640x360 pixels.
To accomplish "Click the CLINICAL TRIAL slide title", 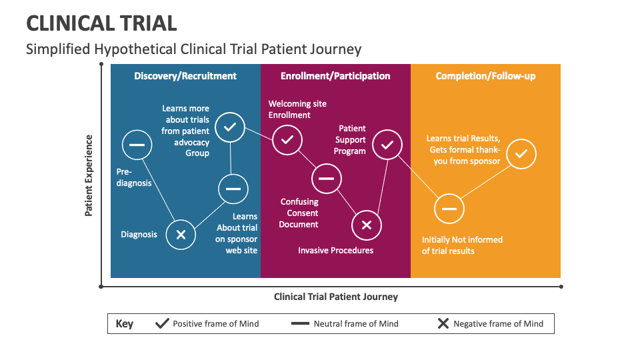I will pyautogui.click(x=101, y=23).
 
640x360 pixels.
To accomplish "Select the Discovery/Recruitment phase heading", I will pyautogui.click(x=185, y=76).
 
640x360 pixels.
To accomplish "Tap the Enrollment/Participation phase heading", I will pyautogui.click(x=335, y=76).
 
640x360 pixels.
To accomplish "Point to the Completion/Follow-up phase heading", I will pyautogui.click(x=485, y=76).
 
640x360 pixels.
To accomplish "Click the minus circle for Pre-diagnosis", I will pyautogui.click(x=137, y=145).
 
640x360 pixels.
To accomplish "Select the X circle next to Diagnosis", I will pyautogui.click(x=181, y=235).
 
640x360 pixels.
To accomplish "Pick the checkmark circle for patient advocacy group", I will pyautogui.click(x=230, y=127).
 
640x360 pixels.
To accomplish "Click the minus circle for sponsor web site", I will pyautogui.click(x=233, y=189).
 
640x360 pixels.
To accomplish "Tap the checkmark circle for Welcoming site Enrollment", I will pyautogui.click(x=287, y=140).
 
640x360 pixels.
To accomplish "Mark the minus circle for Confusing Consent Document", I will pyautogui.click(x=326, y=178).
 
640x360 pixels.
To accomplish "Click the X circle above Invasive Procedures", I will pyautogui.click(x=366, y=225).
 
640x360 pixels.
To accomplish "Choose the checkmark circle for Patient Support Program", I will pyautogui.click(x=387, y=145).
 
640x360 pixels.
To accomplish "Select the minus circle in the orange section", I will pyautogui.click(x=449, y=209).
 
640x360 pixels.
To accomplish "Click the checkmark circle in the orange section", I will pyautogui.click(x=521, y=154).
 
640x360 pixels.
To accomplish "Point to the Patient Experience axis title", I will pyautogui.click(x=89, y=175).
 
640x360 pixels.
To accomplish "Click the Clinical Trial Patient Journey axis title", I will pyautogui.click(x=335, y=297).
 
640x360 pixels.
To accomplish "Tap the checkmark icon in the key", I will pyautogui.click(x=162, y=324).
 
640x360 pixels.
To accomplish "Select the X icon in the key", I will pyautogui.click(x=443, y=324).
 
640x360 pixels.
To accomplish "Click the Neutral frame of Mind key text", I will pyautogui.click(x=356, y=324).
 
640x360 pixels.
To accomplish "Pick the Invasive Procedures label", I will pyautogui.click(x=335, y=251).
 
